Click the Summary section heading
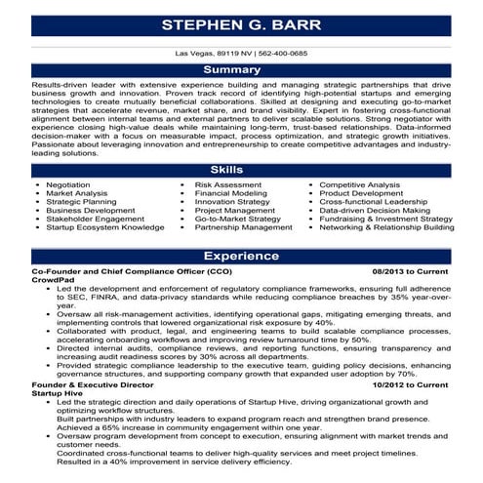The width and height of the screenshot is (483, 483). pyautogui.click(x=241, y=71)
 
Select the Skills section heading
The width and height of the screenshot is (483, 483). pyautogui.click(x=241, y=170)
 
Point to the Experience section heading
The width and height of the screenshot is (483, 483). pyautogui.click(x=241, y=255)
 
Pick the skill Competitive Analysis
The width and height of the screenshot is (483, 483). pyautogui.click(x=360, y=183)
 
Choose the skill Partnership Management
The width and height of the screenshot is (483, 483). pyautogui.click(x=243, y=227)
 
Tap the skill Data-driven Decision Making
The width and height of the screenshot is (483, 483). pyautogui.click(x=375, y=210)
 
